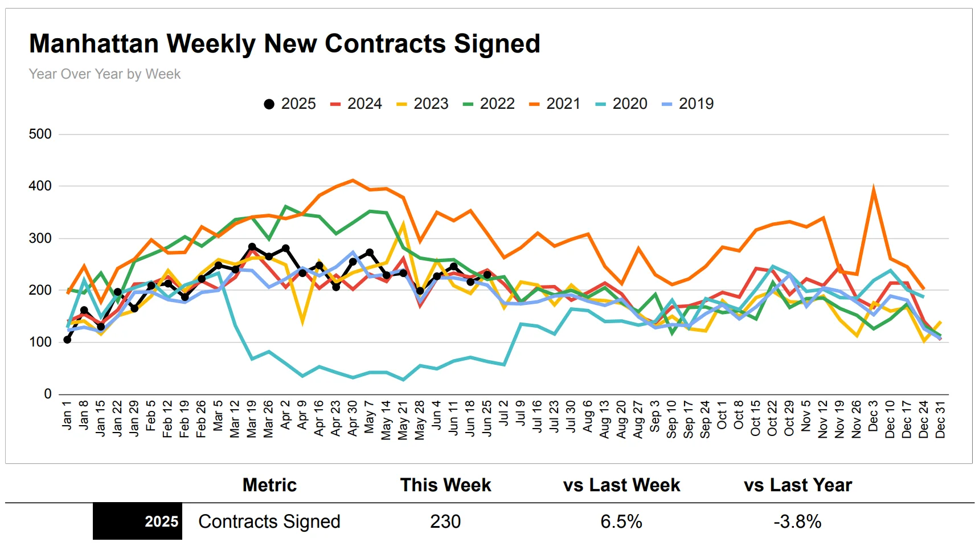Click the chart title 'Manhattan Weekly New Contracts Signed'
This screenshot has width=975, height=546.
pos(284,44)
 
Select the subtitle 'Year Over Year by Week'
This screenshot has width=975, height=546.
pos(105,74)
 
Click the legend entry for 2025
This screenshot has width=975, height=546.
pos(290,104)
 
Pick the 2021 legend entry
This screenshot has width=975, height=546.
pos(555,104)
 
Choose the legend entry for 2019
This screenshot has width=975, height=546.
pos(688,104)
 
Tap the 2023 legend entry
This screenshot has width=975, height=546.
pos(423,104)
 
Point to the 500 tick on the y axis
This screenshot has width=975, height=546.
pos(40,134)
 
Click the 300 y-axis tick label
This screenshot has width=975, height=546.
pos(40,238)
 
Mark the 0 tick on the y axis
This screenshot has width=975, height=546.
pos(48,394)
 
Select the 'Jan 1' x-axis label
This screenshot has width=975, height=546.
pos(67,415)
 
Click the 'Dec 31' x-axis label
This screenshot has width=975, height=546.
pos(940,419)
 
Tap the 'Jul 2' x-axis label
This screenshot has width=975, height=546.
pos(504,414)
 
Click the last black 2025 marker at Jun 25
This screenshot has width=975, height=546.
pos(487,275)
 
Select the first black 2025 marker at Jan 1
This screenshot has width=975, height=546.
pos(67,340)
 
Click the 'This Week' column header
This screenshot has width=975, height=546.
pos(445,485)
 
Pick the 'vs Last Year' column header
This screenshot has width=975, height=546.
pos(797,485)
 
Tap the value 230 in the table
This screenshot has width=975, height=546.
pos(445,521)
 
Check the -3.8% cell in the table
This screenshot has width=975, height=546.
pos(797,521)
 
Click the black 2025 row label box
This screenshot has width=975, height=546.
pos(137,521)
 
